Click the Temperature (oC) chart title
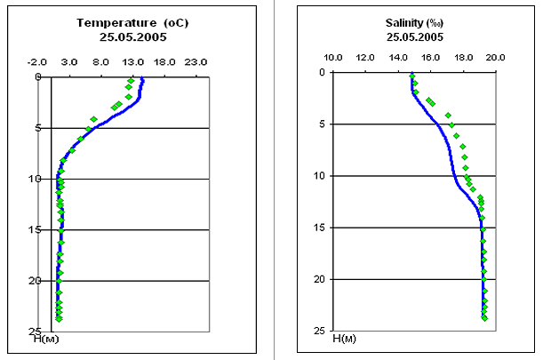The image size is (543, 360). [x=124, y=22]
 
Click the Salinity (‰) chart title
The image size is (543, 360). [x=415, y=22]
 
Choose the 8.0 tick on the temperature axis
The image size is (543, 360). [x=100, y=63]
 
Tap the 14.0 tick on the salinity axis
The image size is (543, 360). [x=398, y=58]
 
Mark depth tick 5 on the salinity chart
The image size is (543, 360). [x=321, y=124]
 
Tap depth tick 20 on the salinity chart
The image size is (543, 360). [x=319, y=279]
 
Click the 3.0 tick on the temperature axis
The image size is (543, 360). [x=68, y=63]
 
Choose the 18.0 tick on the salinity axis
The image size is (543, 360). [x=463, y=58]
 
